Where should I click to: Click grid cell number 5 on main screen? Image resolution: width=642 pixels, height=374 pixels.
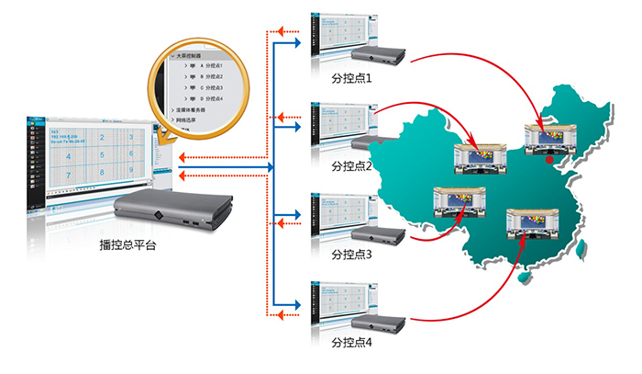point(104,155)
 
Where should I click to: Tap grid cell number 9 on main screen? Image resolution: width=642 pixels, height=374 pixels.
point(131,171)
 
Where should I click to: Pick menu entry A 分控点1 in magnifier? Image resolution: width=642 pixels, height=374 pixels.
point(209,67)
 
